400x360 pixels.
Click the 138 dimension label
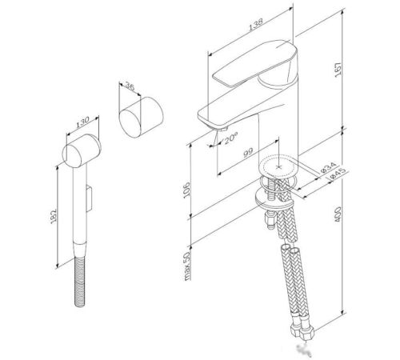[x=256, y=25]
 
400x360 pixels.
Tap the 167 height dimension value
[x=338, y=70]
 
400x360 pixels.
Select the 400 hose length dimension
[x=338, y=214]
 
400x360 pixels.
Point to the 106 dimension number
[x=186, y=190]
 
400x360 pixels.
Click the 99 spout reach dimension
[x=248, y=153]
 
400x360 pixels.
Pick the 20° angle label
[x=230, y=139]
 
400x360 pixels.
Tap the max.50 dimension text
[x=187, y=266]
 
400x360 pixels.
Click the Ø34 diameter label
[x=328, y=167]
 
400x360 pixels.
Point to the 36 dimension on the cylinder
[x=130, y=86]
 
